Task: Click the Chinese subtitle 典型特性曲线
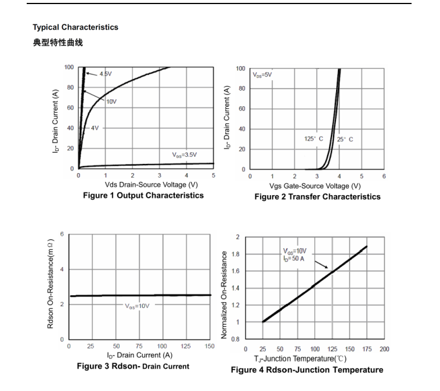57,42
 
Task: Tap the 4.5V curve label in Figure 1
106,74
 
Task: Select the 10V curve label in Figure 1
111,101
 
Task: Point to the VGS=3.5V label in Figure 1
184,155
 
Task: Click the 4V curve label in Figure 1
95,128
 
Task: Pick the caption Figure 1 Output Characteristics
143,195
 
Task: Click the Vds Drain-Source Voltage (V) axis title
143,185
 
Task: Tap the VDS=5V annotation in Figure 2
262,75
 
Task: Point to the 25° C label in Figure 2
345,139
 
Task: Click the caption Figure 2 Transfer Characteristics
317,196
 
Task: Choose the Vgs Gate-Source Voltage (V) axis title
315,186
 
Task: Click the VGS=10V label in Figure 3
138,305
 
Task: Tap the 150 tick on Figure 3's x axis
210,346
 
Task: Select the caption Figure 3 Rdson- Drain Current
133,366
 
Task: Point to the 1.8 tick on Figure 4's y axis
236,254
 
